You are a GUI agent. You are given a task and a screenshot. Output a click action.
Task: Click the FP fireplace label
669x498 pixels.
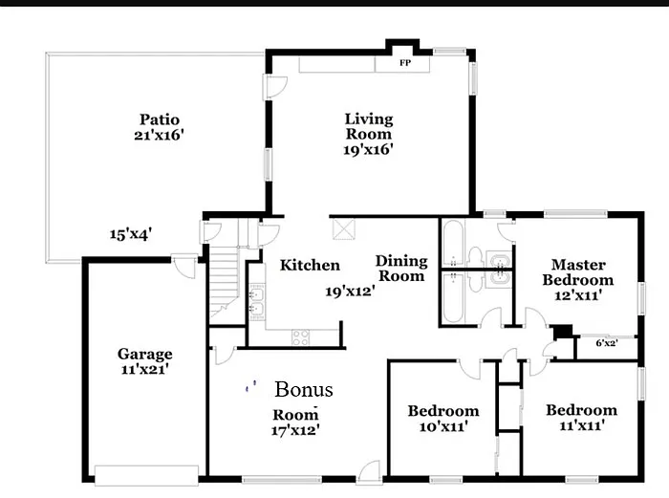click(x=405, y=63)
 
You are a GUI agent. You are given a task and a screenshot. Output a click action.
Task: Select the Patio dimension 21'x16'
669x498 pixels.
click(x=160, y=136)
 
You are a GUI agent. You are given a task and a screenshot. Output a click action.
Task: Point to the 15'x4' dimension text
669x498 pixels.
click(x=131, y=233)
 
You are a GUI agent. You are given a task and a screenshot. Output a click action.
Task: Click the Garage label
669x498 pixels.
click(x=145, y=354)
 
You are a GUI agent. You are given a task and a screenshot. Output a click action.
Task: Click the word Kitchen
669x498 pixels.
click(x=310, y=265)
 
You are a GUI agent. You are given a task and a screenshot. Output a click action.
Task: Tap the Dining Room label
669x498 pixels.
click(x=400, y=268)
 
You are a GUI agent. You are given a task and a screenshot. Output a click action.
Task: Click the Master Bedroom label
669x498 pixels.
click(x=577, y=272)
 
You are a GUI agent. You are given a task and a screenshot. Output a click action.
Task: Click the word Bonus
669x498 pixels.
click(x=304, y=390)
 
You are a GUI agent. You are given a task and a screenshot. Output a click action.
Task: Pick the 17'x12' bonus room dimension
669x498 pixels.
click(x=295, y=430)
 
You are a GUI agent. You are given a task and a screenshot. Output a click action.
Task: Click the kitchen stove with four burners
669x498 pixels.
click(x=300, y=336)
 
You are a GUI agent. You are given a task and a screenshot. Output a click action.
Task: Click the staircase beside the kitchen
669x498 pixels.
click(x=223, y=281)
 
